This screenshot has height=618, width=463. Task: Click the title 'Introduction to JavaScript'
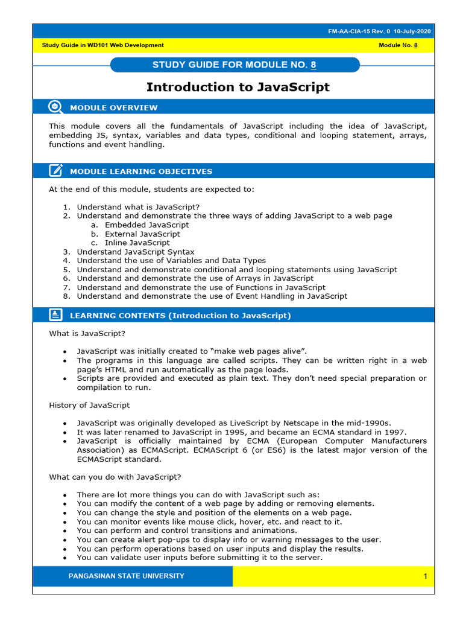point(238,87)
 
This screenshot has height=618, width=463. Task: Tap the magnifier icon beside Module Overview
point(55,107)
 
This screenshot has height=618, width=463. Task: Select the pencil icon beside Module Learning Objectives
point(55,171)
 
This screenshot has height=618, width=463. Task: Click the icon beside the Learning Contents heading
point(55,315)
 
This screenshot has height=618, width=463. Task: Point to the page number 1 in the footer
point(424,576)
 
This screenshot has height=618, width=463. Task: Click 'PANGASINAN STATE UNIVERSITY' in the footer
point(127,576)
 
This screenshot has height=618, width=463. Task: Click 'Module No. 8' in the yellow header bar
point(398,45)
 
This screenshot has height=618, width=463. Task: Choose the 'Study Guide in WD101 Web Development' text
point(102,45)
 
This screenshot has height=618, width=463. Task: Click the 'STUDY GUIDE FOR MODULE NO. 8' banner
point(235,65)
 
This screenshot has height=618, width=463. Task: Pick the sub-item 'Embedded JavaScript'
point(146,225)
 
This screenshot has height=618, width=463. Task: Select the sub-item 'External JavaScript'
point(142,234)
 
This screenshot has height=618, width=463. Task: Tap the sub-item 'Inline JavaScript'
point(137,243)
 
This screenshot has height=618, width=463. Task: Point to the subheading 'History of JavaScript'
point(89,405)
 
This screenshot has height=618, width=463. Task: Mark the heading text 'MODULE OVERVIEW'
point(114,107)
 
